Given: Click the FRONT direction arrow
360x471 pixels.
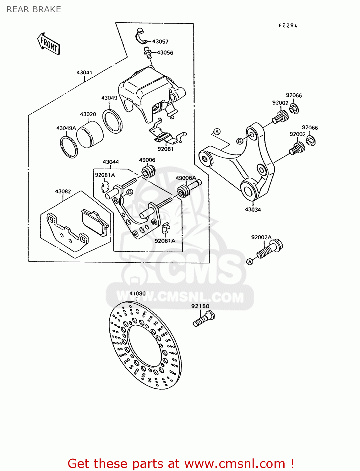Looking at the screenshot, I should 49,44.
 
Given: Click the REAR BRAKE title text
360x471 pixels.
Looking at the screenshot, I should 34,9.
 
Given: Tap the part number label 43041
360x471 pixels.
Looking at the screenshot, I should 84,73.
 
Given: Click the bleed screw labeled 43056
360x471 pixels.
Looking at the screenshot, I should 148,52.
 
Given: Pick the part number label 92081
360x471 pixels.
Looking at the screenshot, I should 165,149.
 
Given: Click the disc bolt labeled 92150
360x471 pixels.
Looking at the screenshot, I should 203,319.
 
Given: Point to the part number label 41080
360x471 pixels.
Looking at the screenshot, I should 137,293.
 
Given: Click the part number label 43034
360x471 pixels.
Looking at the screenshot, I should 253,209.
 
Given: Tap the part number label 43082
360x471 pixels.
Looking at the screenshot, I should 63,191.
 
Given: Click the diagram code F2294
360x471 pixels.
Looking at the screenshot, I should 288,26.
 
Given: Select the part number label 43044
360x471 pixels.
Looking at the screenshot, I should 111,162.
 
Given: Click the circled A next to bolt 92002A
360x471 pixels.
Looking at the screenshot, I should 250,262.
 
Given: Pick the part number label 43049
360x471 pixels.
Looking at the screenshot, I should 109,98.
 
